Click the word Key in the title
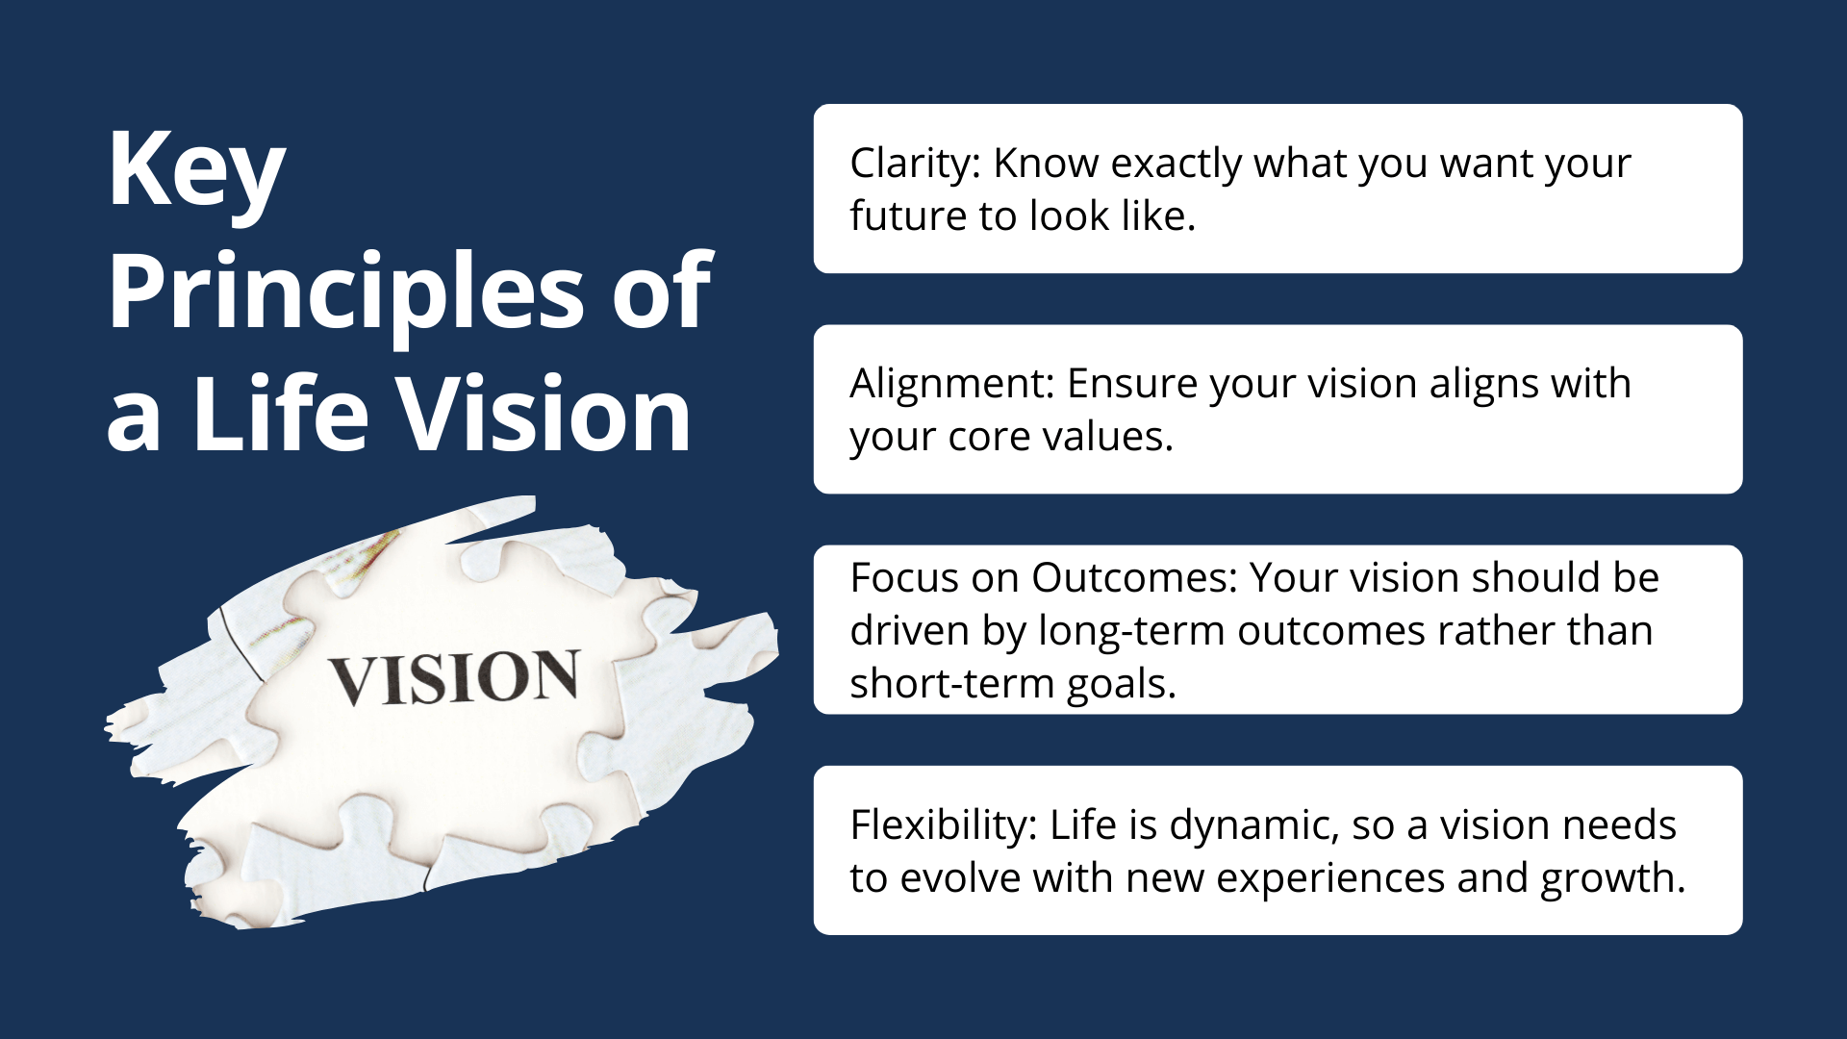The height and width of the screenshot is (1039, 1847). [197, 173]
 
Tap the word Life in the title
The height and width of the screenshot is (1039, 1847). [280, 414]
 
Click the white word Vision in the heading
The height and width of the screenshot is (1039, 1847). [544, 414]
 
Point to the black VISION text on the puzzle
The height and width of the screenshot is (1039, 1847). [454, 678]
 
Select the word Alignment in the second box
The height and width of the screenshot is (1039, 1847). [953, 385]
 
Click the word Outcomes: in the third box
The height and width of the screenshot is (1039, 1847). [1135, 578]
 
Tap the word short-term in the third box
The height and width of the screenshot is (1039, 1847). [952, 684]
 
